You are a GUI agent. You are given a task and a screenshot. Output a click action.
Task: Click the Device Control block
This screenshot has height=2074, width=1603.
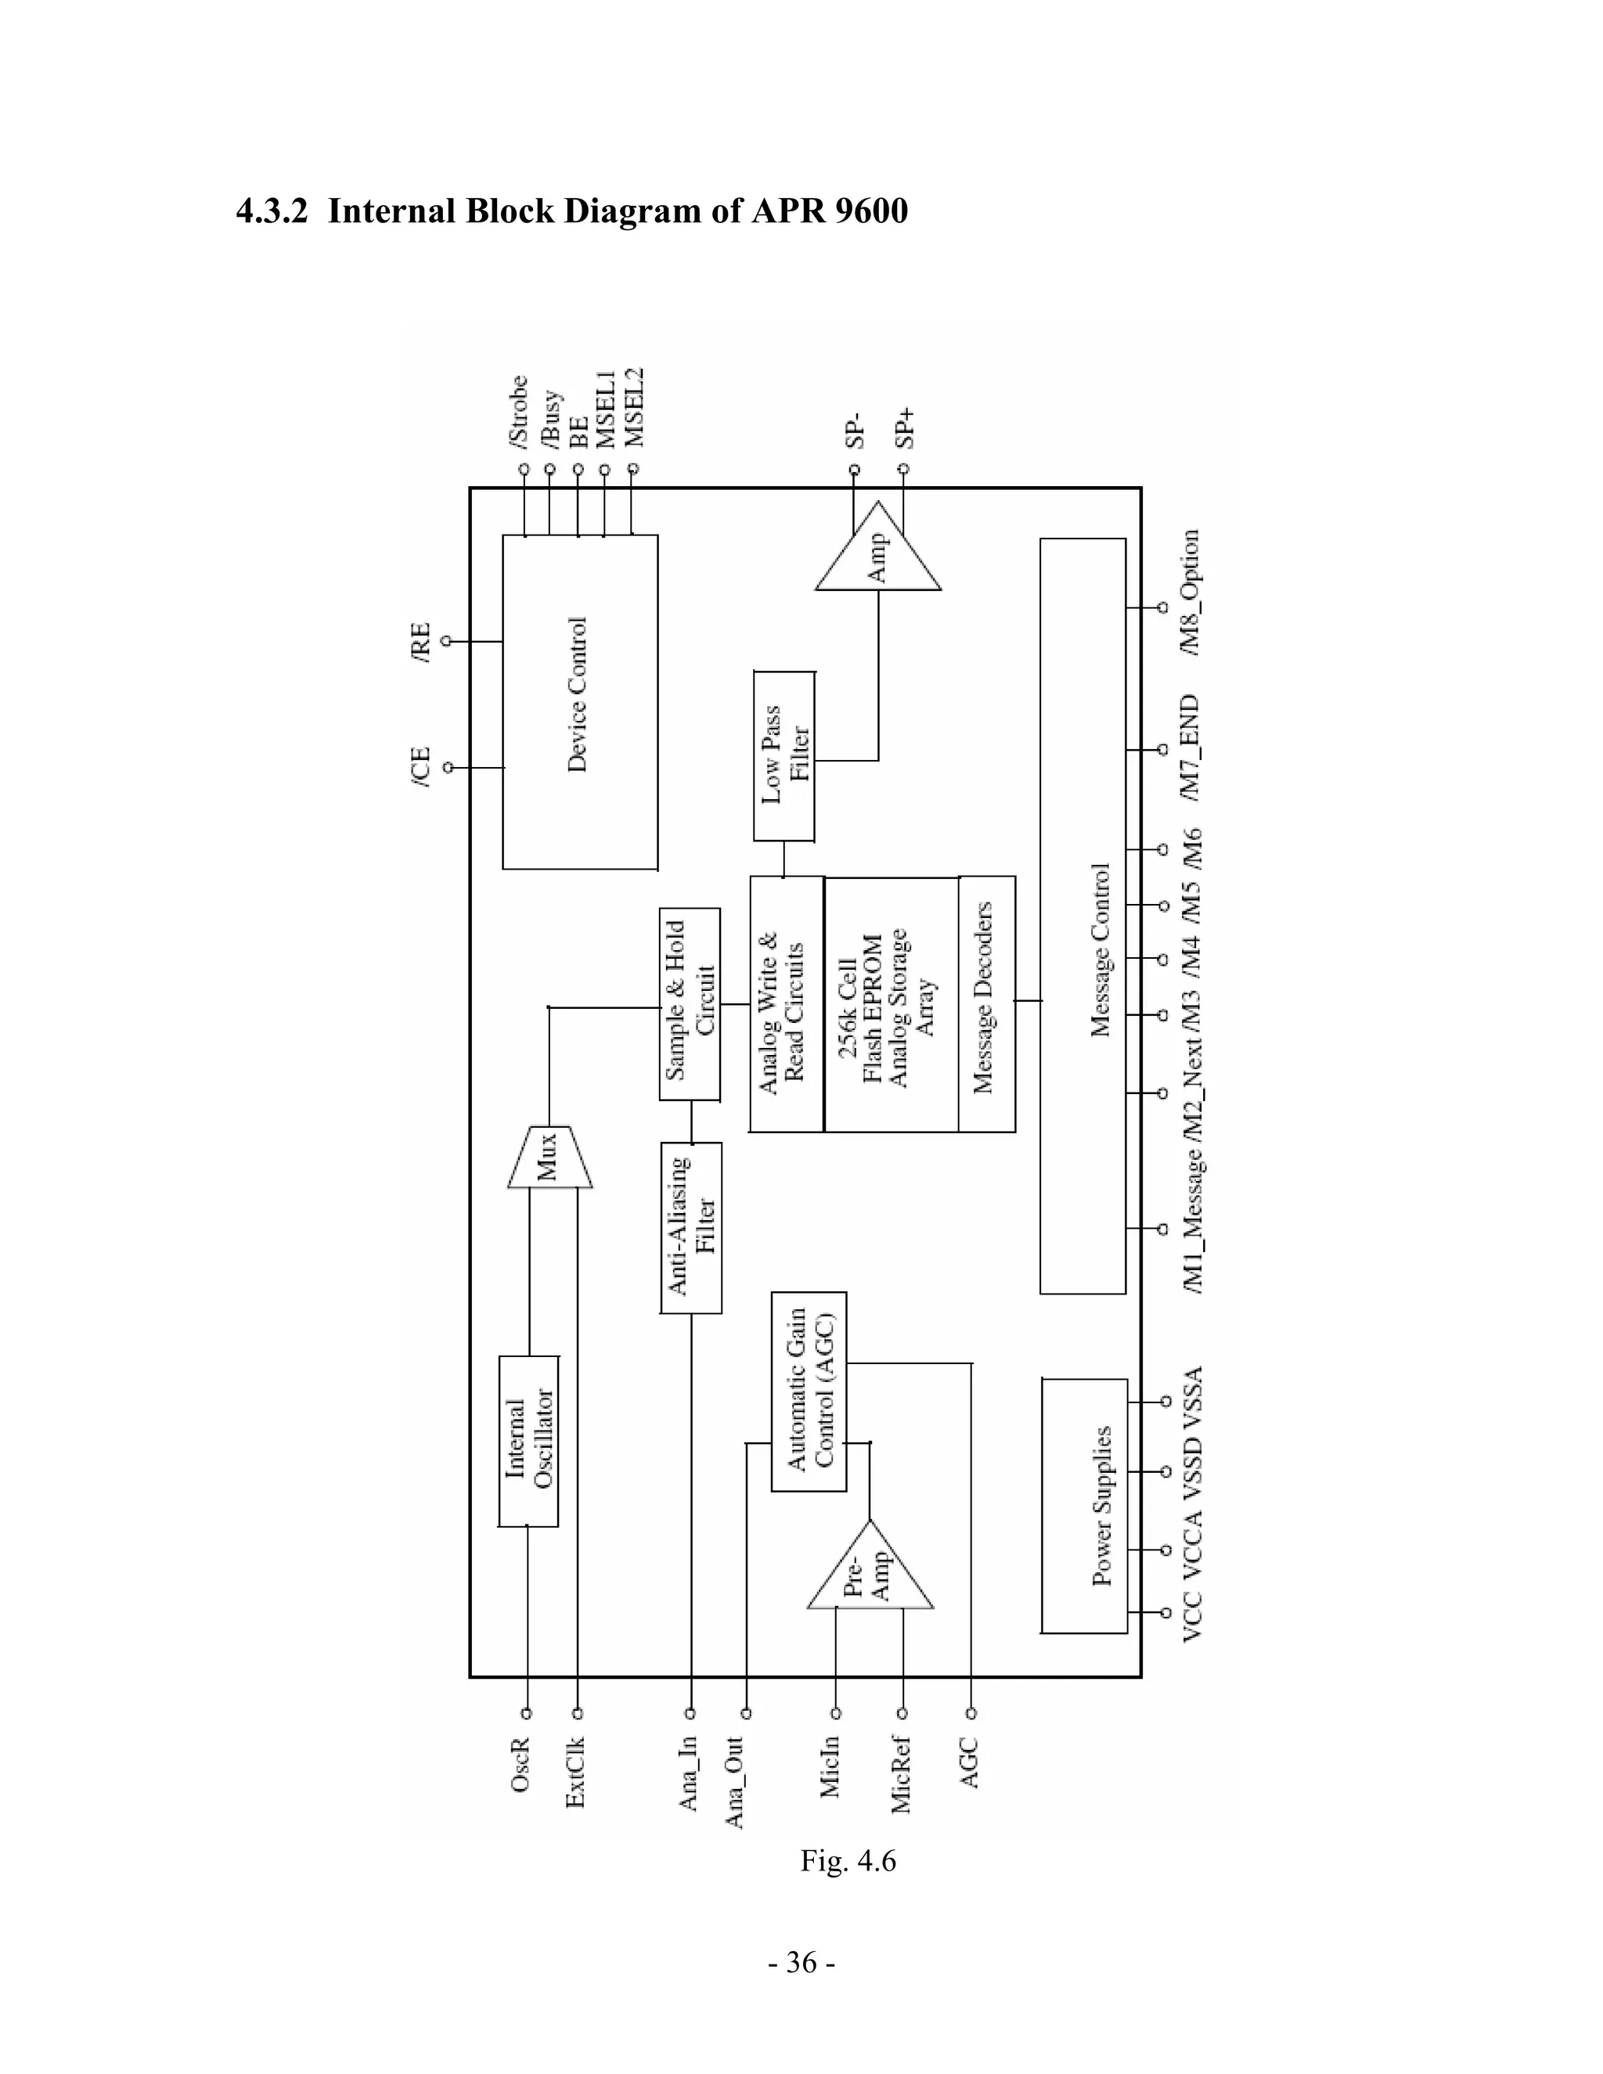click(579, 702)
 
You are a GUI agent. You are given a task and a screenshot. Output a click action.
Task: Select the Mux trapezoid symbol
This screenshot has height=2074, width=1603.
click(549, 1157)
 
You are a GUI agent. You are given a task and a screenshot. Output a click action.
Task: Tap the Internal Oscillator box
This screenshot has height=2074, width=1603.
click(529, 1441)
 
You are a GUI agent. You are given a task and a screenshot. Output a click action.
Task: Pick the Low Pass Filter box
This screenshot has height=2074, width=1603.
click(784, 756)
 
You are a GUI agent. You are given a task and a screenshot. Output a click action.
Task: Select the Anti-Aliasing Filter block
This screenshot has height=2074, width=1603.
click(691, 1227)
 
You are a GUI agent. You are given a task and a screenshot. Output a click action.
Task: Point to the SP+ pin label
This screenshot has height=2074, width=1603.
click(905, 428)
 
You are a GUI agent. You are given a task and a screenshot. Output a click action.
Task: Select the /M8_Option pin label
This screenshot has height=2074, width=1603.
click(1189, 592)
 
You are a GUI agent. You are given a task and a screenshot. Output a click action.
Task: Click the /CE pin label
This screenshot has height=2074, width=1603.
click(420, 766)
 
